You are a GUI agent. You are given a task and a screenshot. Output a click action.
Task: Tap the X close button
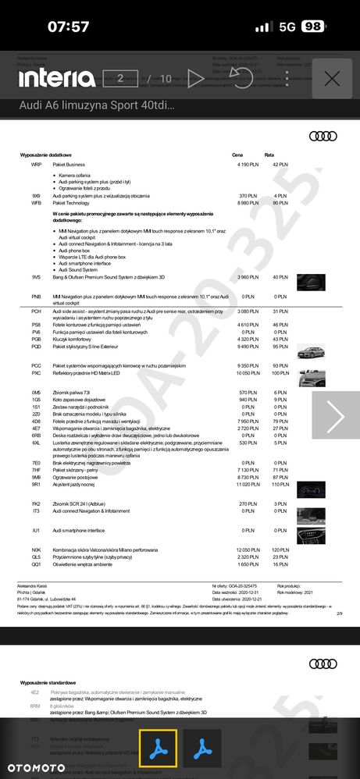point(332,78)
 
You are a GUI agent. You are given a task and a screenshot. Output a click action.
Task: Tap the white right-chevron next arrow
point(335,418)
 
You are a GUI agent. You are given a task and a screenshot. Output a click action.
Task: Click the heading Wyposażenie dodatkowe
point(51,155)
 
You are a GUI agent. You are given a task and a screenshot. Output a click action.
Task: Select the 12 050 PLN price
point(246,551)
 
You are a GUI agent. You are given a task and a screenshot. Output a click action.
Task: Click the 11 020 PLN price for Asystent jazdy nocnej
point(246,485)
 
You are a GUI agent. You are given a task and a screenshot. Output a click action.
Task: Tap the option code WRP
point(36,165)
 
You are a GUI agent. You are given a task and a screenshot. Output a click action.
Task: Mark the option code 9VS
point(36,277)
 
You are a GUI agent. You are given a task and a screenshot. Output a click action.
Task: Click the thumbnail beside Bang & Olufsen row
point(311,281)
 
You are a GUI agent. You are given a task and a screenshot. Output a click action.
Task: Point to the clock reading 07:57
point(69,27)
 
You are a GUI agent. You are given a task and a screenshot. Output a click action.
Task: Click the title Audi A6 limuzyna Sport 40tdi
point(97,105)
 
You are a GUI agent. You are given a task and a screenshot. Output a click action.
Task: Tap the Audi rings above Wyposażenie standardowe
point(323,663)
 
